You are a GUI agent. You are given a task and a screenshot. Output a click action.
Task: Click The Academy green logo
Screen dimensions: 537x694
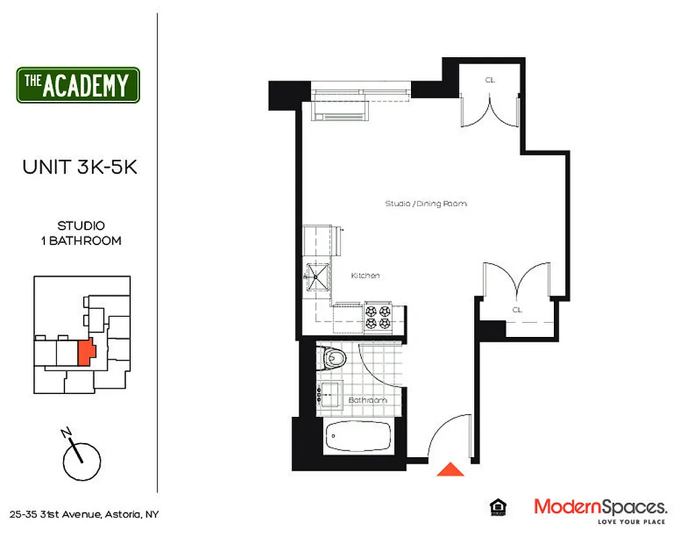click(x=78, y=85)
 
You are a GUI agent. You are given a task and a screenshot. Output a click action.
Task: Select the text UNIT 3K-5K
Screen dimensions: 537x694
click(x=80, y=167)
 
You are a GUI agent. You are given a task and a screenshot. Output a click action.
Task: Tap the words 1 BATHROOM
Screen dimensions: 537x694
click(x=80, y=240)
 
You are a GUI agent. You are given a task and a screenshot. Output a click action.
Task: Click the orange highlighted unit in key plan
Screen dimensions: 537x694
click(x=85, y=351)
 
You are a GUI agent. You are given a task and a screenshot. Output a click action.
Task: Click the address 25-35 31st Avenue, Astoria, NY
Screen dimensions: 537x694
click(x=84, y=515)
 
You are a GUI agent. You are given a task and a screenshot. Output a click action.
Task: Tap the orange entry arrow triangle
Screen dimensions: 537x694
click(x=451, y=470)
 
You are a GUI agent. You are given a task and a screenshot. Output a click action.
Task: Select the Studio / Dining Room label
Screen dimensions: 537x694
click(x=426, y=203)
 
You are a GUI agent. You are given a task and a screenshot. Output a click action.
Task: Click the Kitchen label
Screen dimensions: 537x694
click(x=365, y=275)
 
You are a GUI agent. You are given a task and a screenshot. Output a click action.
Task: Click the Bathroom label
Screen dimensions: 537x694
click(x=367, y=401)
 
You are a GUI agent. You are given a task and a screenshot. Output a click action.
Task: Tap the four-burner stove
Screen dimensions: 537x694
click(x=378, y=317)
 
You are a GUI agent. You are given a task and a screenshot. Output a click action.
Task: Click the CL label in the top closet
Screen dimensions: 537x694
click(x=489, y=80)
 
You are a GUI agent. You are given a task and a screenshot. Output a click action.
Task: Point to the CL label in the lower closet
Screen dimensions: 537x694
click(x=516, y=310)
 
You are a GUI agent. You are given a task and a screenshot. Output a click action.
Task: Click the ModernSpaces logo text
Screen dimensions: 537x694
click(x=600, y=507)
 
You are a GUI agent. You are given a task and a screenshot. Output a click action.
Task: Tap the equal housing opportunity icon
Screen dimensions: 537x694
click(x=498, y=507)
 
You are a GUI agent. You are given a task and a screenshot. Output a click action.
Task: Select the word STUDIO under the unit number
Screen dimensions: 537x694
click(x=80, y=226)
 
